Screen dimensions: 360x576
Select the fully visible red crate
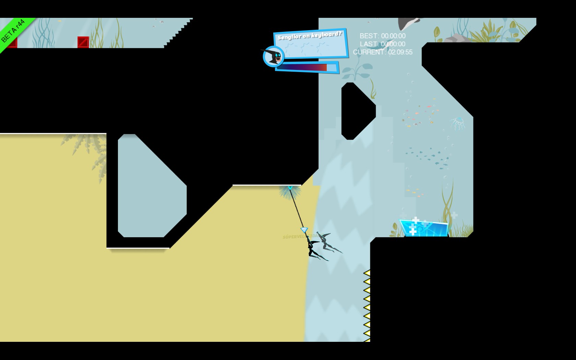[83, 42]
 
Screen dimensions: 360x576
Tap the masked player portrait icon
[274, 56]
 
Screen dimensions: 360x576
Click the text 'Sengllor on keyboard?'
[309, 35]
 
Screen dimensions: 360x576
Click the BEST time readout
[382, 36]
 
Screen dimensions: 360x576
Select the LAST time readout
[382, 44]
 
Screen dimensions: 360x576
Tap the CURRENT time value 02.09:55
[400, 52]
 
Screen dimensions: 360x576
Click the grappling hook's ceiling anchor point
[290, 188]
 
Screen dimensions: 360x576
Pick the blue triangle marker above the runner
[304, 230]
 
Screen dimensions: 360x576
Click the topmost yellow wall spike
[367, 273]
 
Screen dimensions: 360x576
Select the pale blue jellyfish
[458, 122]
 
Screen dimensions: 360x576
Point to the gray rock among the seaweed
[456, 38]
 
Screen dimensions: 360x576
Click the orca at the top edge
[410, 23]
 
